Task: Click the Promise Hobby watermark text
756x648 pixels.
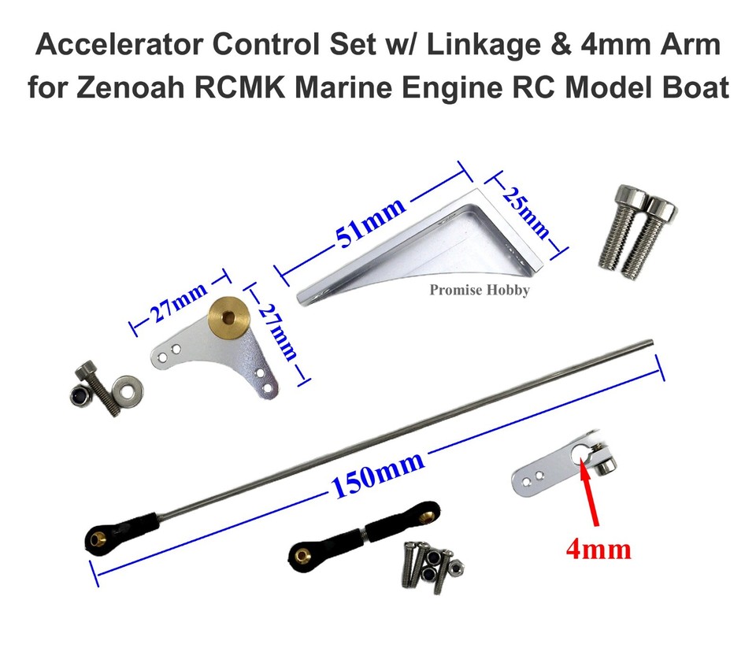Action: [x=479, y=291]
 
